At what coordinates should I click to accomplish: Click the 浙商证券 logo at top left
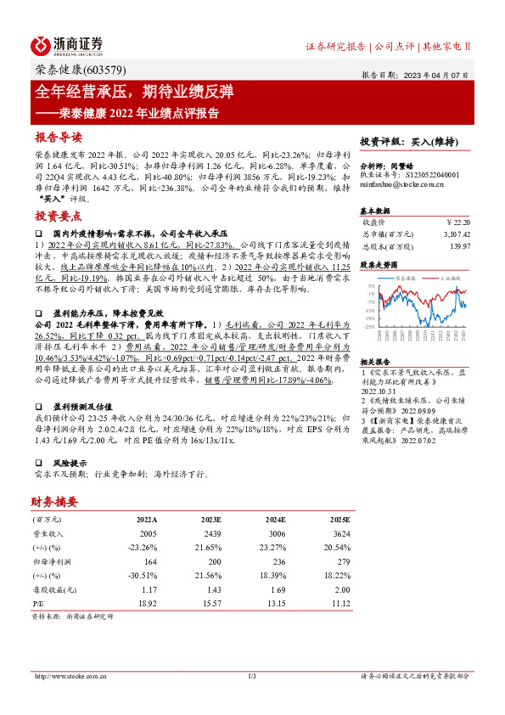click(x=67, y=44)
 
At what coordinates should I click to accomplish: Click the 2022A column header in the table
click(x=147, y=517)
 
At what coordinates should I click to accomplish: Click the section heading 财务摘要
click(x=54, y=500)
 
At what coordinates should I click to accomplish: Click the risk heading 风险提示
click(x=70, y=464)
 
